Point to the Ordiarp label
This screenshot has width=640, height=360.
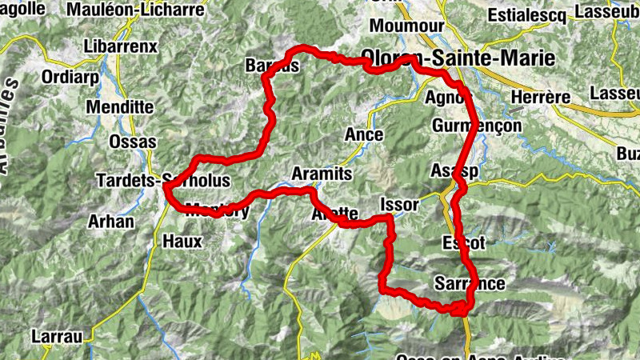[x=51, y=79]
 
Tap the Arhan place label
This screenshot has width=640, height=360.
[x=112, y=220]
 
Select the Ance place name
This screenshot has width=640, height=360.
[x=363, y=134]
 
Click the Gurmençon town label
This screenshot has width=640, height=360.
[x=475, y=126]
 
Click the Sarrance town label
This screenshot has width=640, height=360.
[x=469, y=283]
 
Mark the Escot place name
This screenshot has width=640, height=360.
[x=463, y=242]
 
